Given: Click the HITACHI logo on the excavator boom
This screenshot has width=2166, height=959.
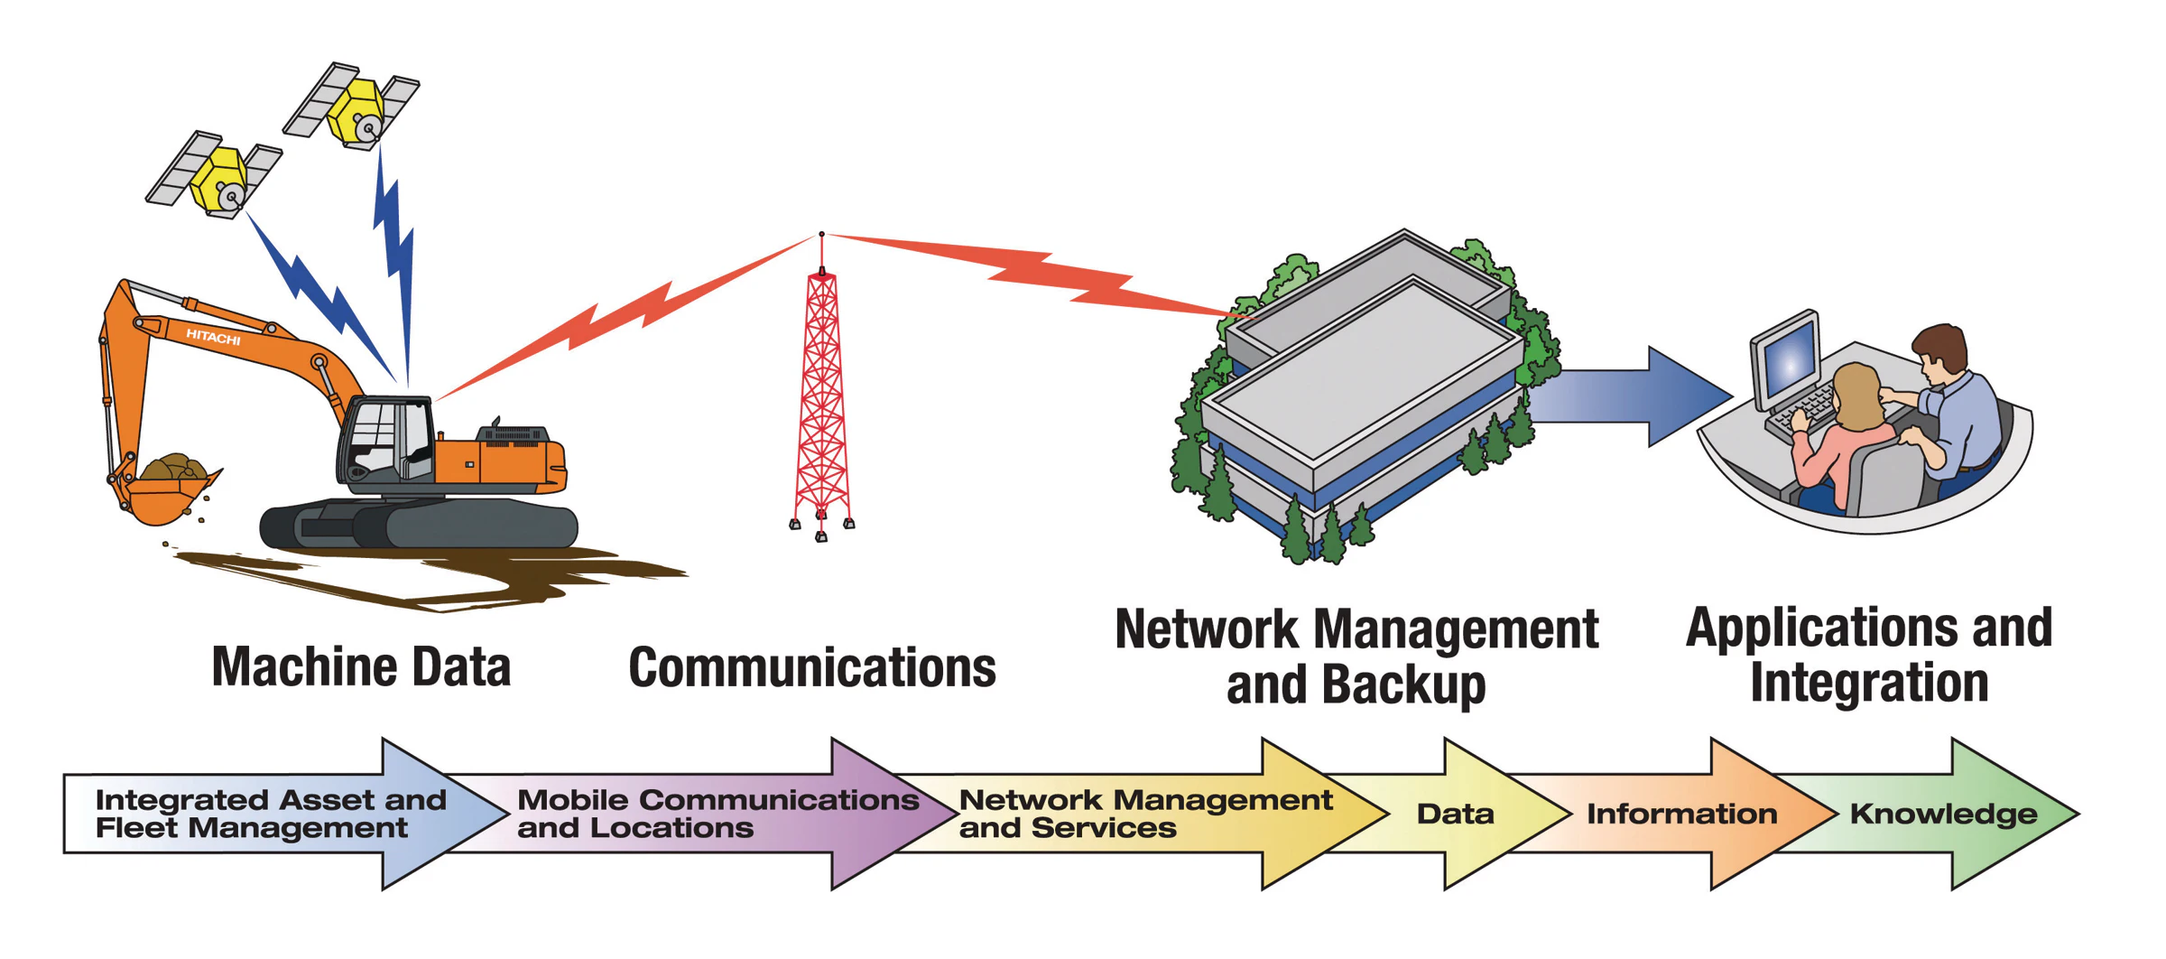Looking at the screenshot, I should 213,337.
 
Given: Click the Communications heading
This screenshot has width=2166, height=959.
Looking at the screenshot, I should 811,668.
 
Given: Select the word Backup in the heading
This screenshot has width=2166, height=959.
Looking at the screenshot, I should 1402,684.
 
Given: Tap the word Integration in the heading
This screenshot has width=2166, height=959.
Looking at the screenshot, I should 1869,683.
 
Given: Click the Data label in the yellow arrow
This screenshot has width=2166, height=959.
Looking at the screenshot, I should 1455,814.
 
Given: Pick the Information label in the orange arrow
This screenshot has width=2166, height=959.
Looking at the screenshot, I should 1681,814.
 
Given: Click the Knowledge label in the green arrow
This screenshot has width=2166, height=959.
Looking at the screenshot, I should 1943,814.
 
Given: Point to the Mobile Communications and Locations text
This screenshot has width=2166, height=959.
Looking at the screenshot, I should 717,814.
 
